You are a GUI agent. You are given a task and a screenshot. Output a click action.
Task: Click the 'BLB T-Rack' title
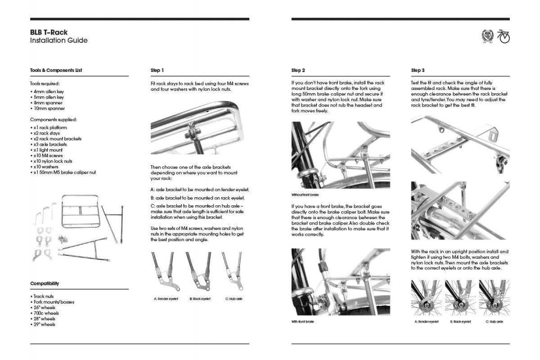point(49,32)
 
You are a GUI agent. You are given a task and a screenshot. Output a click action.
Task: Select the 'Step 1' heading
point(157,71)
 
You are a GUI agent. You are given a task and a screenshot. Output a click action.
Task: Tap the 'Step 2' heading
point(298,71)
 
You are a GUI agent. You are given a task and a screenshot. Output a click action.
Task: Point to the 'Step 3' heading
point(418,71)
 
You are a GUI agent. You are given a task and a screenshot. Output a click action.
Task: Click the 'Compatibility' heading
point(45,283)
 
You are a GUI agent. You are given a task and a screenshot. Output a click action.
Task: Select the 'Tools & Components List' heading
point(56,71)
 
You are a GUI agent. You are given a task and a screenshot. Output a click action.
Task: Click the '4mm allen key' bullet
point(48,92)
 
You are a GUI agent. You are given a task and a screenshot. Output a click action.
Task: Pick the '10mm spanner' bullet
point(48,108)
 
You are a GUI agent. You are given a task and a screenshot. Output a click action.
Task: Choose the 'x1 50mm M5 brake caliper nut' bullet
point(64,172)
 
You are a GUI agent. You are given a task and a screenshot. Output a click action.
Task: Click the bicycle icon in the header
point(504,36)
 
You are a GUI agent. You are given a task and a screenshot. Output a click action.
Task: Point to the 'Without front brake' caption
point(305,195)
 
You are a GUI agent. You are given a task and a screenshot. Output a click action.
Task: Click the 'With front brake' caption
point(303,322)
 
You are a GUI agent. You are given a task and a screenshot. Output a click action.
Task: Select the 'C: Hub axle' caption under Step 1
point(234,298)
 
